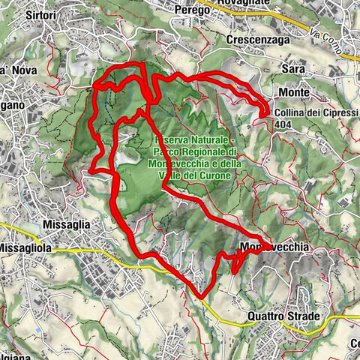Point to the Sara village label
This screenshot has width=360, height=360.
coord(292,68)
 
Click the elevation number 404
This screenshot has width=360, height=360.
coord(283,126)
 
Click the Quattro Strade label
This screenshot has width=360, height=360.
coord(283,317)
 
